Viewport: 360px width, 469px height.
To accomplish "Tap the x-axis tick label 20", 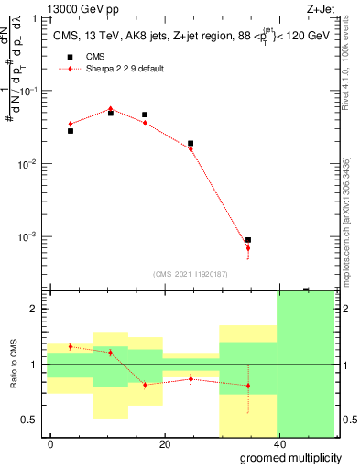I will click(x=164, y=444).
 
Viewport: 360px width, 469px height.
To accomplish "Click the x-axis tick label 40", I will click(x=278, y=444).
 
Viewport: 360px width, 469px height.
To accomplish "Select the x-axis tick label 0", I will click(x=51, y=444).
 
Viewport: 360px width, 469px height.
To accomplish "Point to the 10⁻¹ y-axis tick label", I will click(x=30, y=91).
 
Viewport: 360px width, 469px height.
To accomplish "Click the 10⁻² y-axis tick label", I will click(x=30, y=164).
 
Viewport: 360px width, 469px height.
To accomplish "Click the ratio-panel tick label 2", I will click(x=34, y=309).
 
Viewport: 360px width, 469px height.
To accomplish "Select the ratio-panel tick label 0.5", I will click(x=30, y=420).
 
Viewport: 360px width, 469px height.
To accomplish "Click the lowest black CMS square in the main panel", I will click(x=248, y=240).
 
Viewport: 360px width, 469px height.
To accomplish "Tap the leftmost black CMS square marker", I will click(x=71, y=131).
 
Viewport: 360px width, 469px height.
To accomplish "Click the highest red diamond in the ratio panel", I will click(x=71, y=346).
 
